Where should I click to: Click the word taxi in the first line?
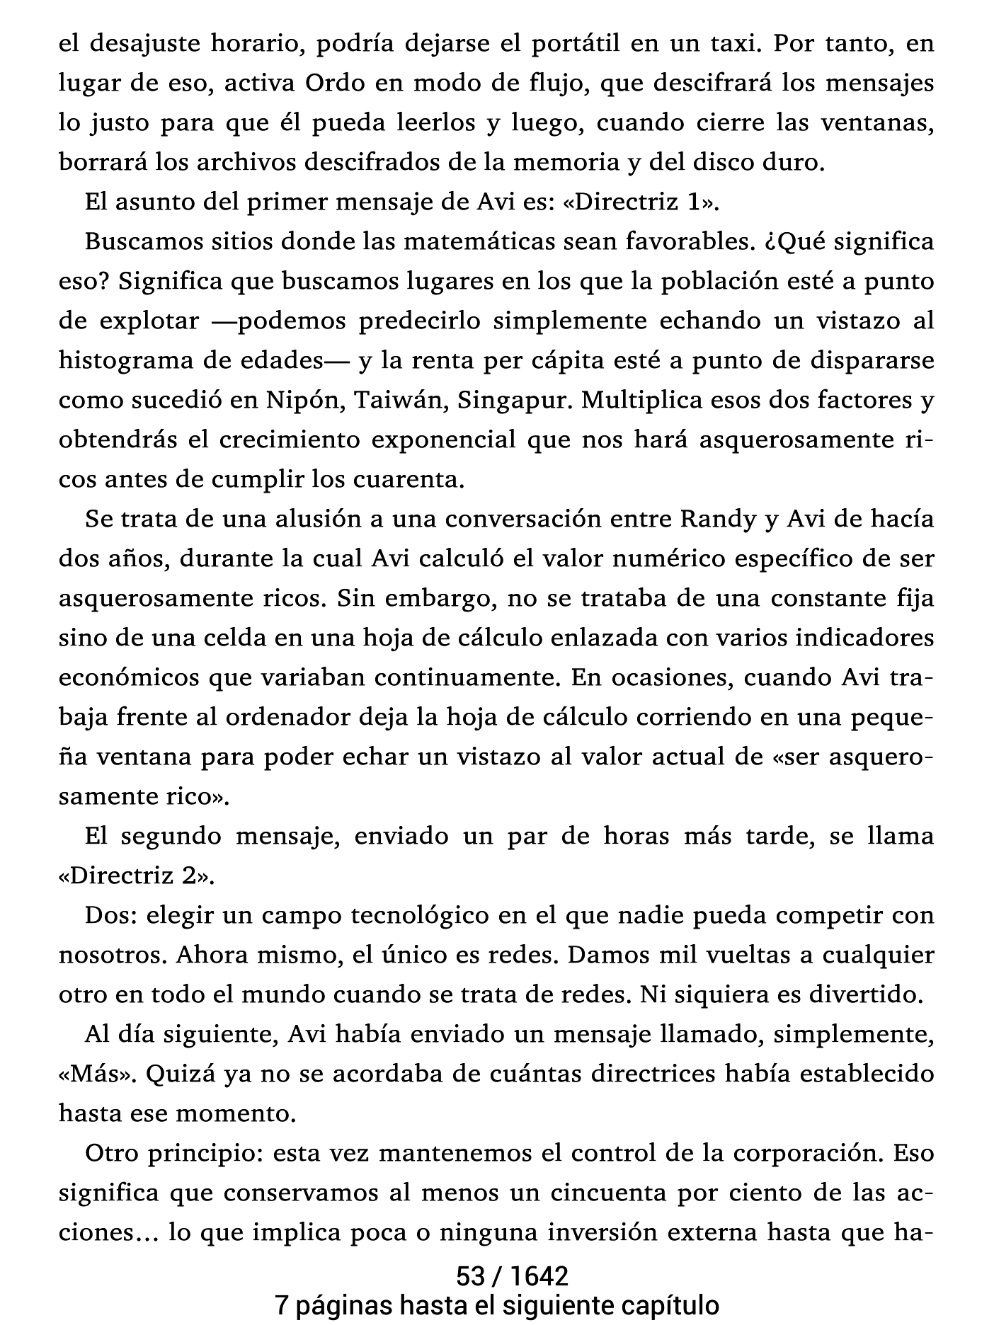coord(726,44)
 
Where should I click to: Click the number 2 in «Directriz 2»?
coord(188,876)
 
